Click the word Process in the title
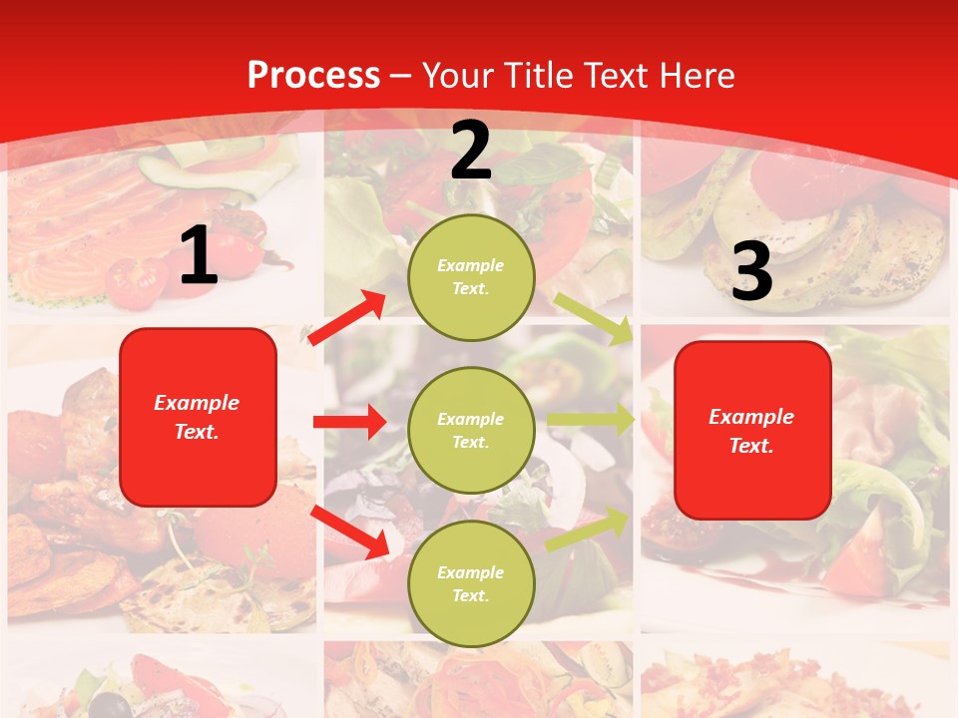tap(313, 76)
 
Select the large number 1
tap(199, 256)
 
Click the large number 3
tap(751, 271)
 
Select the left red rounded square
tap(198, 417)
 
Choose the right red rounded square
tap(752, 431)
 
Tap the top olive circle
tap(471, 277)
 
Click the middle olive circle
tap(471, 430)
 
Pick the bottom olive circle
tap(471, 583)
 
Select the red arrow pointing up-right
tap(347, 318)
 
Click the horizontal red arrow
tap(349, 422)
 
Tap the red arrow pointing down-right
tap(349, 532)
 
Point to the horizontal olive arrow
tap(590, 419)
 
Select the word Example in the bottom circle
tap(471, 572)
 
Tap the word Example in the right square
tap(751, 417)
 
